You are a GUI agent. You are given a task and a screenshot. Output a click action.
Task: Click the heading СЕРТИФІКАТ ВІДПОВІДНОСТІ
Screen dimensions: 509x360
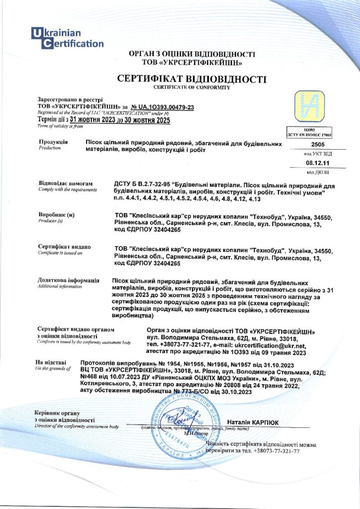pyautogui.click(x=191, y=80)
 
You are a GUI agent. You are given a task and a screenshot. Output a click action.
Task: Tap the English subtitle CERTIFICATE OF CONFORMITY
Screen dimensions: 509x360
pyautogui.click(x=191, y=87)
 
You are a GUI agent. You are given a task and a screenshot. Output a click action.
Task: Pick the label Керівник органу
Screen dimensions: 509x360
pyautogui.click(x=57, y=413)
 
